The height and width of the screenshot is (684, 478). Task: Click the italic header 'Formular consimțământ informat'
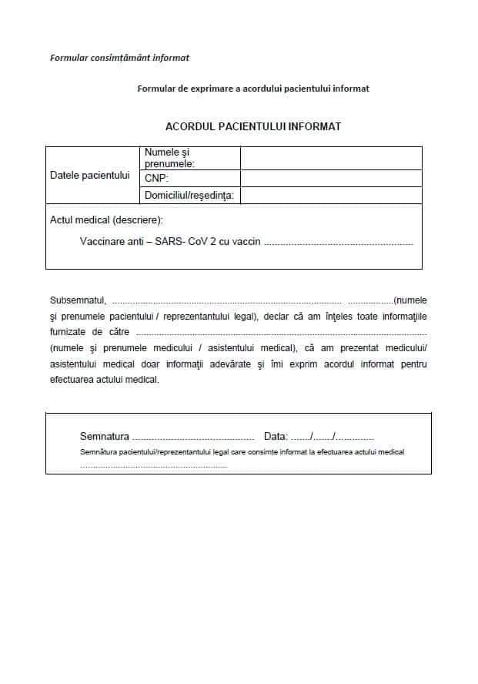(119, 57)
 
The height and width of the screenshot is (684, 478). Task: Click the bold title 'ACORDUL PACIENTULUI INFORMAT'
(253, 126)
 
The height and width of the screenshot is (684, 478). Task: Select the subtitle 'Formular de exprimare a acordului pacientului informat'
(252, 89)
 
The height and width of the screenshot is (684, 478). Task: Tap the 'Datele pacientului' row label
(90, 175)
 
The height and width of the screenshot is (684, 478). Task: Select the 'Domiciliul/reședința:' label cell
(189, 196)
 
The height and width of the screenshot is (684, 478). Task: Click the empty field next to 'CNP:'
(331, 179)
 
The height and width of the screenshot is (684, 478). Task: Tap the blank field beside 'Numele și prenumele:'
(331, 158)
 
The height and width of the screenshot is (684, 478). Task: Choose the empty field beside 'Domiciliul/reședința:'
(331, 196)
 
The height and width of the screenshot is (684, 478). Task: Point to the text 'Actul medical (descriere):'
(106, 220)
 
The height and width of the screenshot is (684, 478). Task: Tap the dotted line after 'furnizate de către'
(280, 333)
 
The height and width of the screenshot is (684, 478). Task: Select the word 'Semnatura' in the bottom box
(105, 436)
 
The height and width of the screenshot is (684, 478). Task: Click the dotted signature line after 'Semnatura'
(193, 437)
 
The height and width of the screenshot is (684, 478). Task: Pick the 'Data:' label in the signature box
(276, 436)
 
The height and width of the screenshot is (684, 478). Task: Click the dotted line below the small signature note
(154, 465)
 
